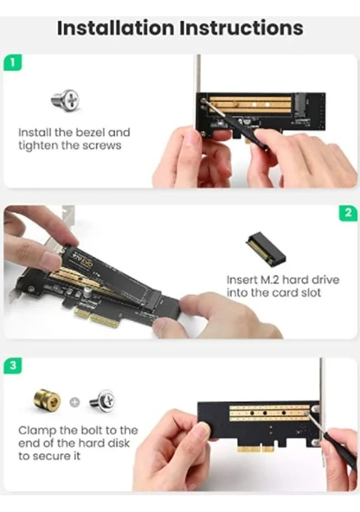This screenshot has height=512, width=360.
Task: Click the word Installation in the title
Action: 114,27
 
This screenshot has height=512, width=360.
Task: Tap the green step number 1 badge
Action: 10,63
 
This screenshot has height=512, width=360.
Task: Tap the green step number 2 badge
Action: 348,213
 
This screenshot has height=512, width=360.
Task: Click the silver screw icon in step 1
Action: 65,100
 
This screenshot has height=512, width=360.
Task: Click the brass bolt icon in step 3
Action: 47,401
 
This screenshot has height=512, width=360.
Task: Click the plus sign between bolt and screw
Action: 74,402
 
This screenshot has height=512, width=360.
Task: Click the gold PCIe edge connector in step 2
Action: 89,314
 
